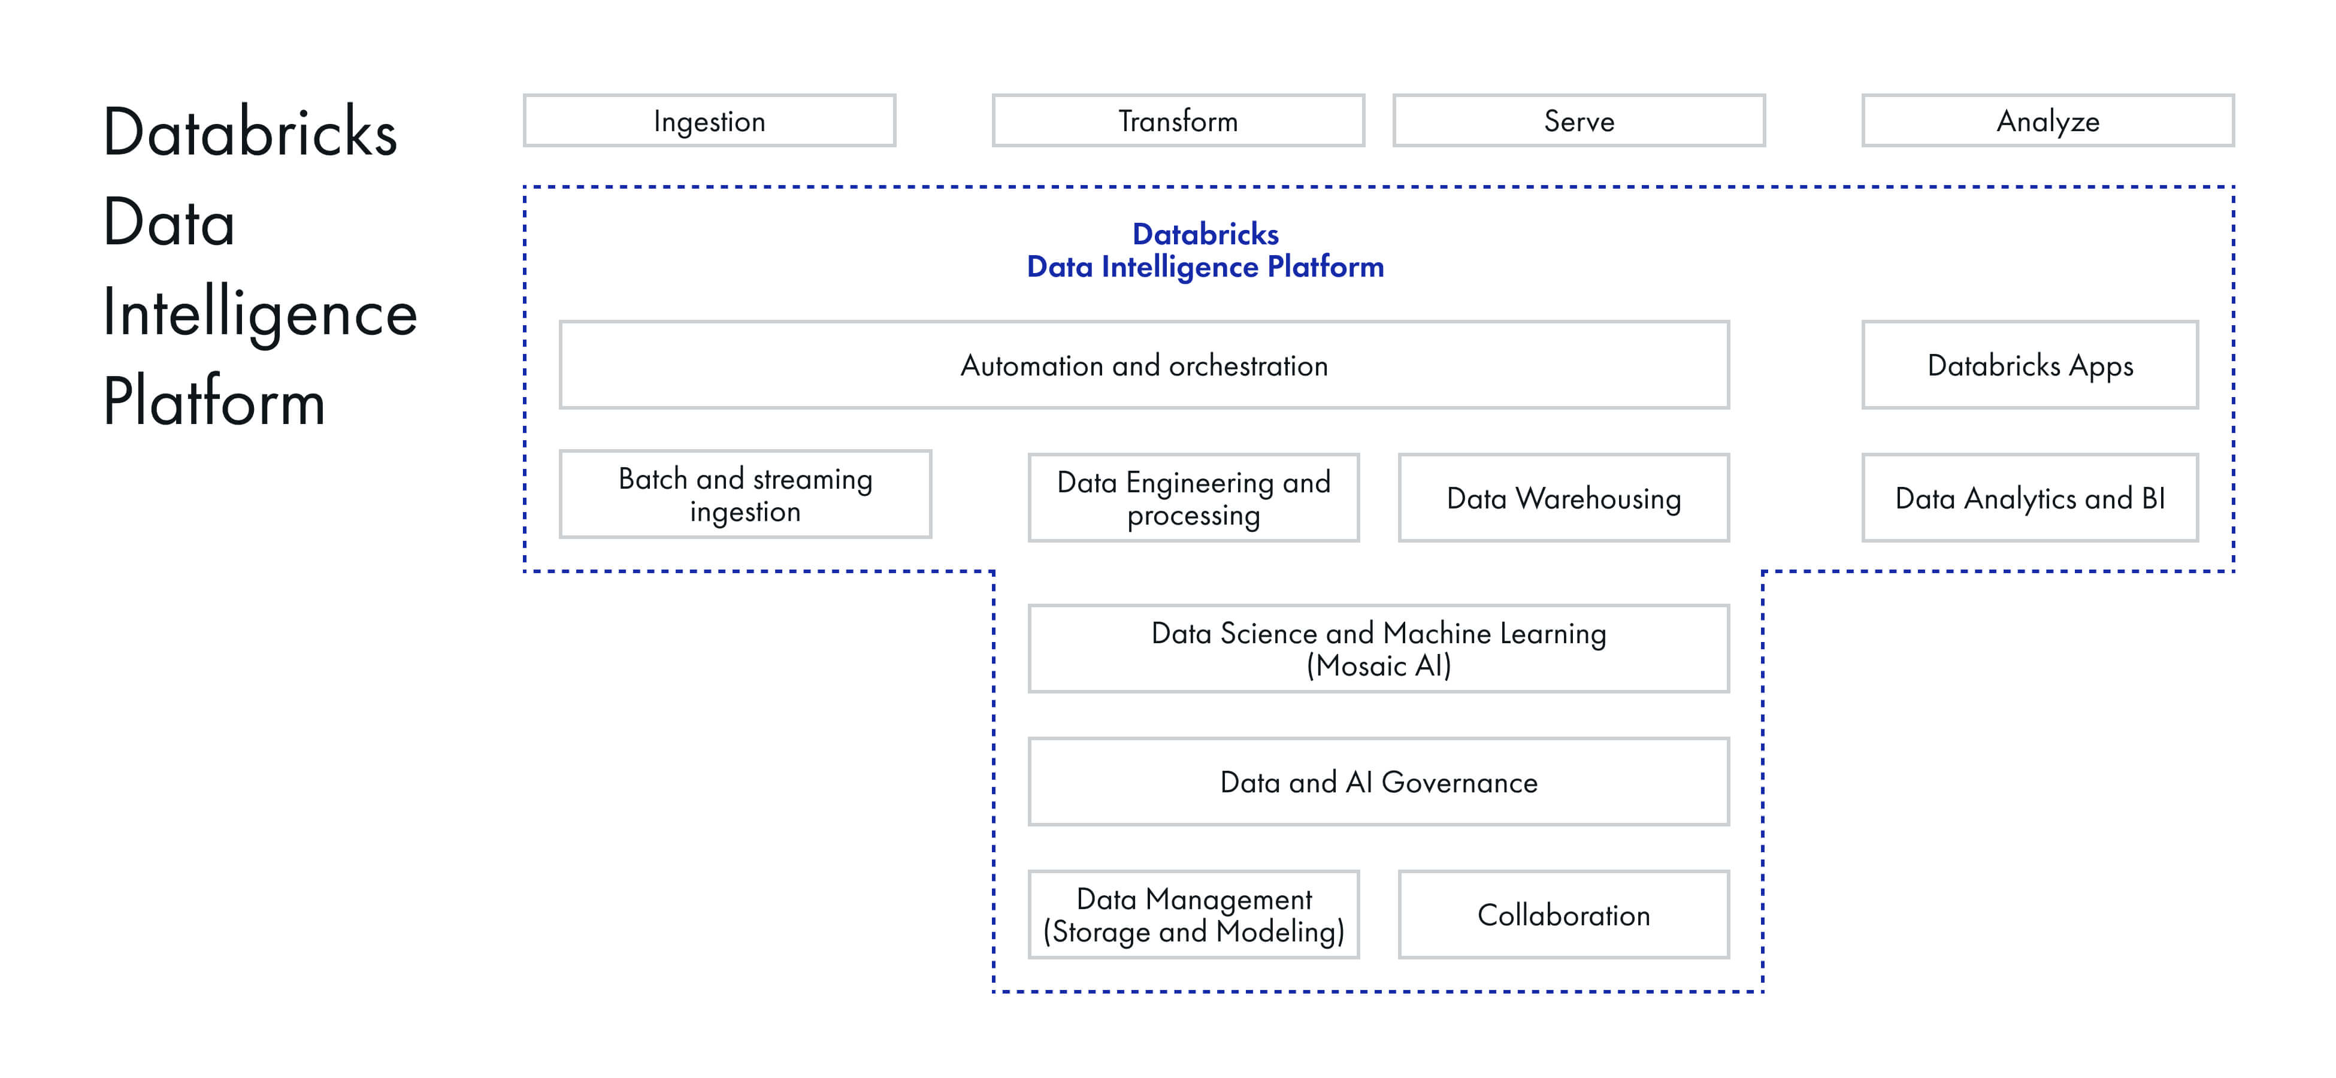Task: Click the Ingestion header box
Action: [709, 120]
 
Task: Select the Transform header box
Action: [1178, 120]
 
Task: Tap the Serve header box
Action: [1579, 120]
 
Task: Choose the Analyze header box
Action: [2048, 120]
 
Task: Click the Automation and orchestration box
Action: [1143, 365]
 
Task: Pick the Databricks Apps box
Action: [2029, 365]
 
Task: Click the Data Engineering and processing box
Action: [1193, 498]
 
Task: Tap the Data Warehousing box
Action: [1563, 498]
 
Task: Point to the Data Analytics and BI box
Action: [2029, 498]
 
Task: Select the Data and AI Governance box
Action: [1378, 782]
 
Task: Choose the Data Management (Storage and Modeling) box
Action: [1193, 915]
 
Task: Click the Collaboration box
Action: [1563, 915]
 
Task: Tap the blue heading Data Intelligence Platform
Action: [1205, 267]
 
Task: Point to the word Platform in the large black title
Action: [214, 402]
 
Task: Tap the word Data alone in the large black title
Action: [169, 223]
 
